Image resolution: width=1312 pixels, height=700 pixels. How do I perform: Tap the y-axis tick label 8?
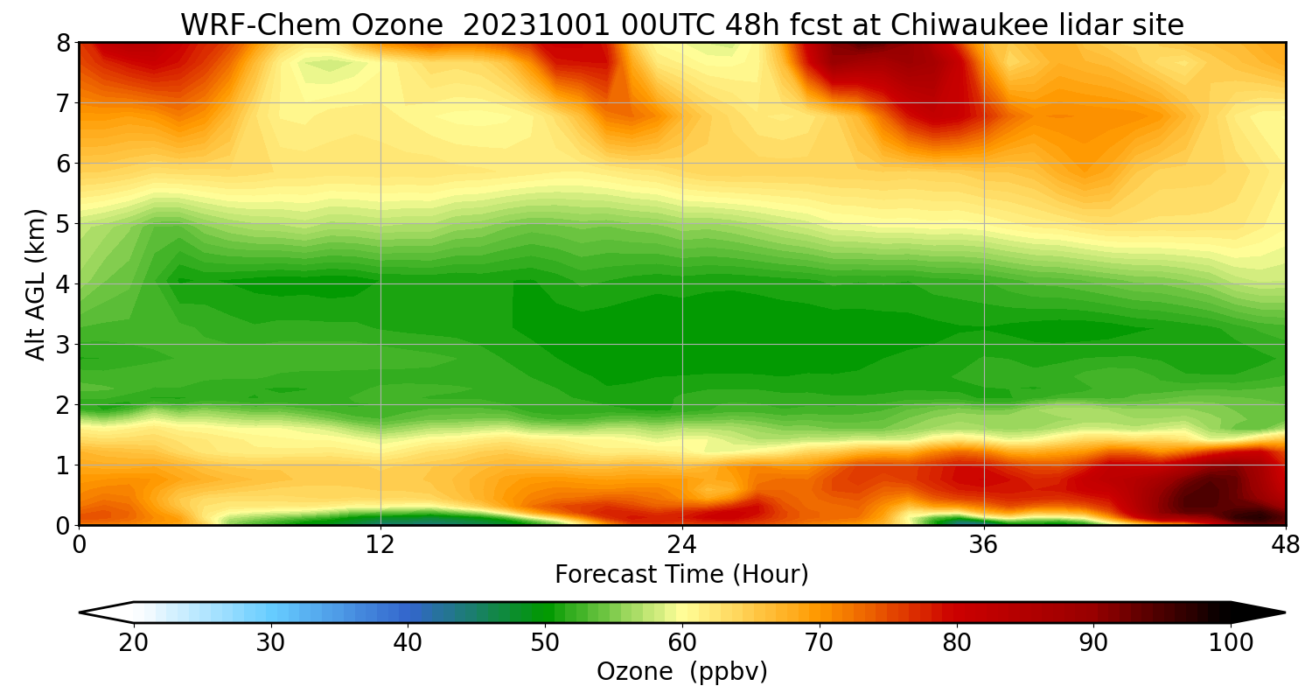point(63,43)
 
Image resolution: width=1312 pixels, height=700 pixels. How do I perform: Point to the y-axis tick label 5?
point(63,224)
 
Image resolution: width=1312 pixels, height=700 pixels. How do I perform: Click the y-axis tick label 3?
point(63,345)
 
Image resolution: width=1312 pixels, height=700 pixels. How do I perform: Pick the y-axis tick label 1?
point(63,465)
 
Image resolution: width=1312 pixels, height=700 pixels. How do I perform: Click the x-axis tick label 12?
point(380,545)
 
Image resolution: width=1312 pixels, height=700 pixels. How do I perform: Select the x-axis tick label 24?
point(682,545)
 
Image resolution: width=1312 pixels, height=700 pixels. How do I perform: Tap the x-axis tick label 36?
point(984,545)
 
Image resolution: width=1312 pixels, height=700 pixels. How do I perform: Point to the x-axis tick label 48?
point(1285,545)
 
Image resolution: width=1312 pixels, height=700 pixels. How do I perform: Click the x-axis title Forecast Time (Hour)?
point(681,575)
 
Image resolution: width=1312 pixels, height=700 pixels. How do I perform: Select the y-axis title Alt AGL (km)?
point(36,284)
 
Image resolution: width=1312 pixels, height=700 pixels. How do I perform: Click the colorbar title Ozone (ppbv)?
point(681,672)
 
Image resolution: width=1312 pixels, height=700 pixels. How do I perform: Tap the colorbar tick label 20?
point(134,643)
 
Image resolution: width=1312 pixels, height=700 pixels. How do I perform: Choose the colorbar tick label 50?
point(545,643)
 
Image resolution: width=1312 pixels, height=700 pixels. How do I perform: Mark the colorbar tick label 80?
point(956,643)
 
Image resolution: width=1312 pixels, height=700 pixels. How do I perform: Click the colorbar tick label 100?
point(1230,643)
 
